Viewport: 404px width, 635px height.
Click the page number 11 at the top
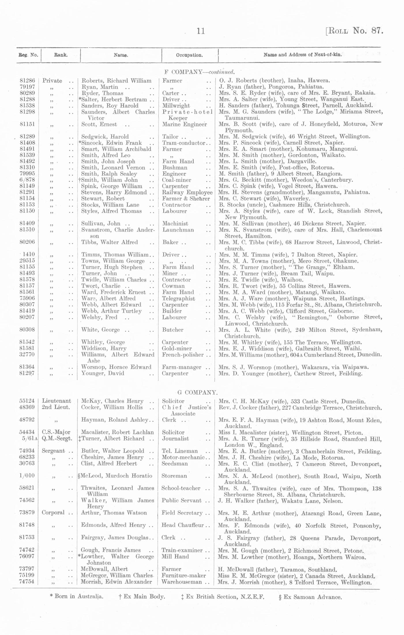(201, 31)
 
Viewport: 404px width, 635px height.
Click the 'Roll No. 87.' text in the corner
(354, 31)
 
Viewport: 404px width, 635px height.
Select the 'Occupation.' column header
(189, 55)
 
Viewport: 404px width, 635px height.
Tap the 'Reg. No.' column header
(28, 55)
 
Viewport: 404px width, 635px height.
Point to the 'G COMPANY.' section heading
(197, 392)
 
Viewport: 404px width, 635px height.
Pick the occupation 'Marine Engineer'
(185, 124)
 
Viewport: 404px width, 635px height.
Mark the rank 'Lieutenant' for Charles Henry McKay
(57, 401)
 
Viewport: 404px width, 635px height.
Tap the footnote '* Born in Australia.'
(77, 596)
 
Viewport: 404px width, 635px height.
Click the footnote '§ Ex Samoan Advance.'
(310, 597)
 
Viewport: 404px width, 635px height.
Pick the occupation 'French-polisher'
(183, 355)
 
